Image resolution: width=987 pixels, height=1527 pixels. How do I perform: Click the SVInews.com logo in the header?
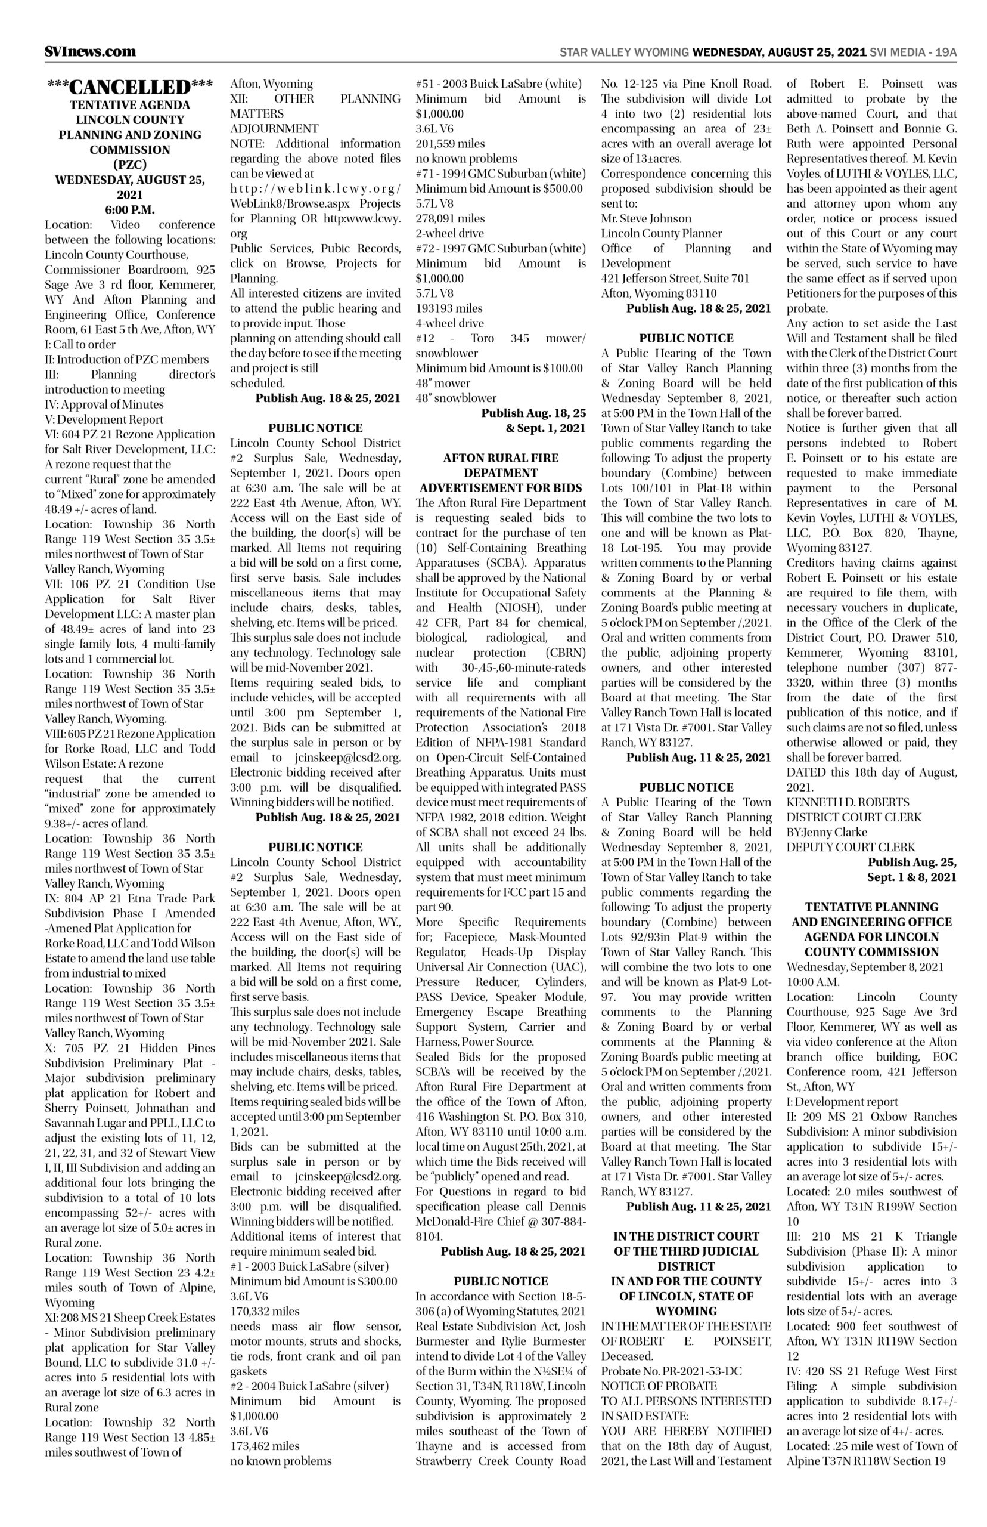coord(90,52)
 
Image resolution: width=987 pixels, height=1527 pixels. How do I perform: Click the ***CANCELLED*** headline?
coord(129,87)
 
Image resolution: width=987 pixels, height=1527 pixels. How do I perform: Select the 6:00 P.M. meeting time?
coord(129,210)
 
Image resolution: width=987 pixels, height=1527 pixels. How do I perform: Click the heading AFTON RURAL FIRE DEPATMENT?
coord(500,466)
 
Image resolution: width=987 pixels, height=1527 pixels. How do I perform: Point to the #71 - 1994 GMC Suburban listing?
coord(500,173)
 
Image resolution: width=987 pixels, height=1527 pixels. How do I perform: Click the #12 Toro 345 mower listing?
coord(500,338)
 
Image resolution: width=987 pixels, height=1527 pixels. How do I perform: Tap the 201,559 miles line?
coord(450,143)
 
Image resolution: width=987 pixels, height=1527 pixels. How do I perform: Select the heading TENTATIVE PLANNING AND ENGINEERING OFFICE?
coord(871,914)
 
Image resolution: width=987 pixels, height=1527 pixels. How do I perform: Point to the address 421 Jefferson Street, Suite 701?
coord(675,279)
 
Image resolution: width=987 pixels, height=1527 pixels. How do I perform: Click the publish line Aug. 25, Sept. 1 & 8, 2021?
coord(911,870)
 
